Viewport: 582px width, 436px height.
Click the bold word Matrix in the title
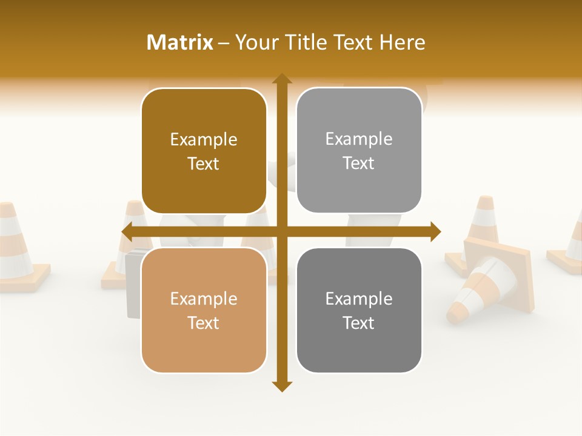180,42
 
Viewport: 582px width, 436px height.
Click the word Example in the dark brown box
204,140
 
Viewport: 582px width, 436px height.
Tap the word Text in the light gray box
359,163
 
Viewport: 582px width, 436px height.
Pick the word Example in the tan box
204,299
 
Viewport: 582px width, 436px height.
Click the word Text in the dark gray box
359,322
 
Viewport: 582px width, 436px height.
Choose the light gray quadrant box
359,188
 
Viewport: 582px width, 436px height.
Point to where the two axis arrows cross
281,231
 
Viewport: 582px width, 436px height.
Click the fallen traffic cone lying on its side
485,285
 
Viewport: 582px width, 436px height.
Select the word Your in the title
254,42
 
